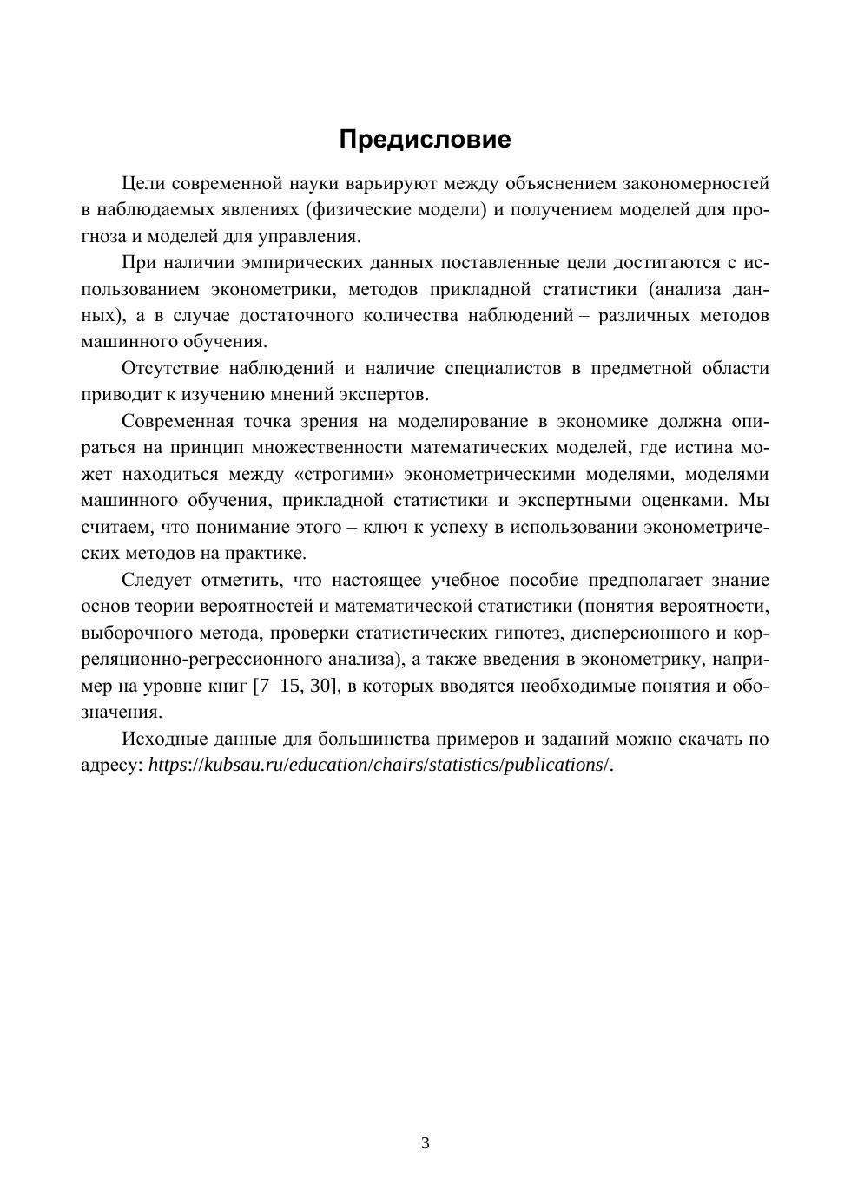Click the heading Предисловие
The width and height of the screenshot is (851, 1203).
pyautogui.click(x=425, y=139)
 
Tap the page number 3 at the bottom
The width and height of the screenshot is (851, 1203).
pyautogui.click(x=425, y=1143)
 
